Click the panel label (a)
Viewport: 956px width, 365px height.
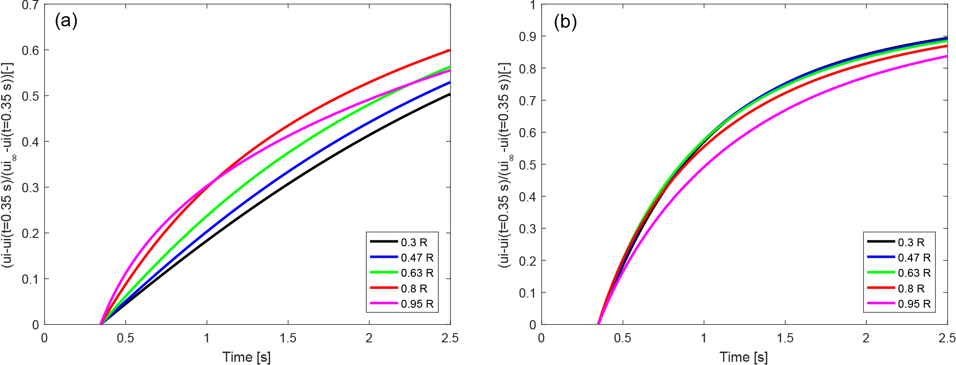(66, 21)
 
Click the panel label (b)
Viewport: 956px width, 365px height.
(565, 22)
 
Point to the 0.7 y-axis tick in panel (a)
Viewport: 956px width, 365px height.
(31, 6)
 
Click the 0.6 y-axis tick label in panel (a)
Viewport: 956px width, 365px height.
(31, 50)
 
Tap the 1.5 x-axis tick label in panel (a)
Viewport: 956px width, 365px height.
(288, 338)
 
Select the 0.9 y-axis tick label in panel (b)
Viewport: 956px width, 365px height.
(527, 36)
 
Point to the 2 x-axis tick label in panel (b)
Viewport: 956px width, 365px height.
(866, 338)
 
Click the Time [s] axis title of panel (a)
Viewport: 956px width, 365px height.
(247, 357)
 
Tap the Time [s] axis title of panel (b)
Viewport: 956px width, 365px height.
(744, 357)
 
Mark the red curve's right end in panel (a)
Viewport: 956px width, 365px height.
(450, 50)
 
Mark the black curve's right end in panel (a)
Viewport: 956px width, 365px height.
(450, 94)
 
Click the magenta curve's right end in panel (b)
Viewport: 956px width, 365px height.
(947, 56)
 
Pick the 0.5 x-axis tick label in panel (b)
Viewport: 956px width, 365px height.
(623, 338)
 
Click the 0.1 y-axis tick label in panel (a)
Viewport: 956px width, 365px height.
(31, 279)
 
